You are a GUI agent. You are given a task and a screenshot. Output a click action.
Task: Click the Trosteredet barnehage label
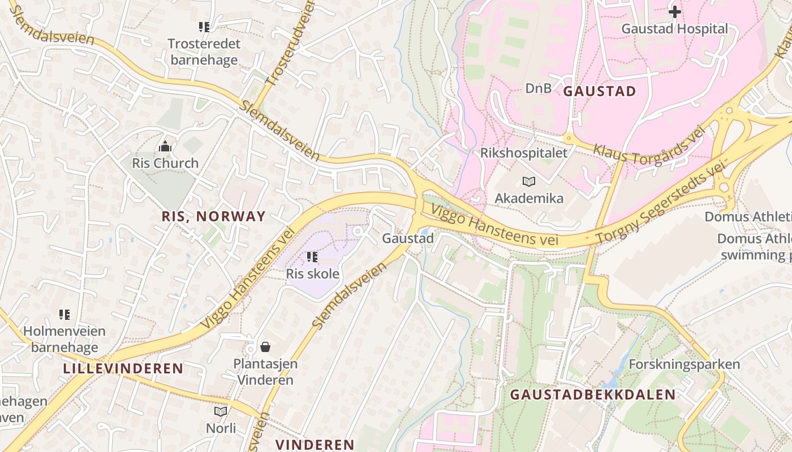coord(204,52)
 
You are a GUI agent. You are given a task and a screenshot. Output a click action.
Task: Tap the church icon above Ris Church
coord(165,147)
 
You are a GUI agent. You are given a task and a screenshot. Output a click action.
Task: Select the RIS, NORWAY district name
coord(213,216)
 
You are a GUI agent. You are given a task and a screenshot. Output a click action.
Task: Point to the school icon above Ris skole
coord(312,258)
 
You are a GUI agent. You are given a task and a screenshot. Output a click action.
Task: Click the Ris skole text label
coord(313,275)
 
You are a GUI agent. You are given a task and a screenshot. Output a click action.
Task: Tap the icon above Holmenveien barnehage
coord(64,315)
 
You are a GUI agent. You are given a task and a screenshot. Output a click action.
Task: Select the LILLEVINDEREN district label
coord(123,369)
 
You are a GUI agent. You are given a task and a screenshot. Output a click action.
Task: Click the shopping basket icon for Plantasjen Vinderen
coord(265,346)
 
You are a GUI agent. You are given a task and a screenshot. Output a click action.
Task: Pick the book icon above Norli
coord(221,411)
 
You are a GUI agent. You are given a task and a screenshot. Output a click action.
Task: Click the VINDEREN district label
coord(315,444)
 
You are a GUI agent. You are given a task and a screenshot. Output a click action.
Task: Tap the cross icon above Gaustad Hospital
coord(674,11)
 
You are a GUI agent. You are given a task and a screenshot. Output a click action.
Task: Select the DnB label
coord(538,88)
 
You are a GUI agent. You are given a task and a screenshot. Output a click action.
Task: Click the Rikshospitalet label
coord(523,153)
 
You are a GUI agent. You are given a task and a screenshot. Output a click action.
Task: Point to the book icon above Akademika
coord(529,181)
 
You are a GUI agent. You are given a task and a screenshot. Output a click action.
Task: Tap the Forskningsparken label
coord(684,364)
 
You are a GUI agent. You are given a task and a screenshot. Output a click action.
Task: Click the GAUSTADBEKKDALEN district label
coord(593,395)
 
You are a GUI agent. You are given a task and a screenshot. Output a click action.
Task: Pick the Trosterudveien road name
coord(289,44)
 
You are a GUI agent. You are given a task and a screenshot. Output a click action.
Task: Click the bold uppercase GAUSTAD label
coord(600,92)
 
